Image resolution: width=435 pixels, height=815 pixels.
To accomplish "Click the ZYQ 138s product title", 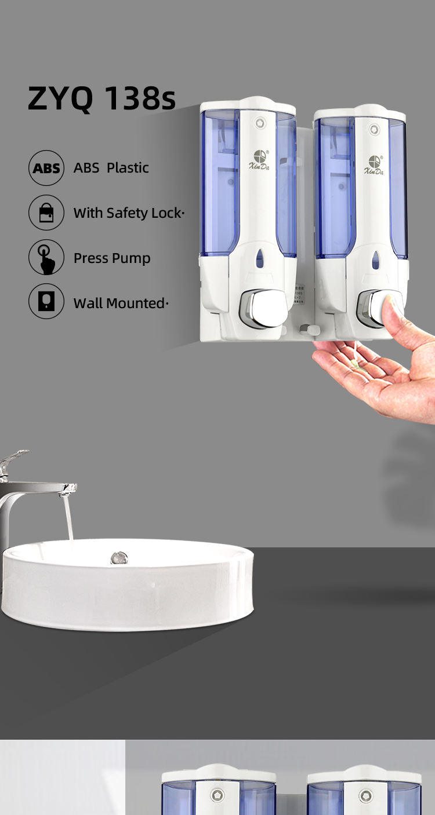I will (x=101, y=98).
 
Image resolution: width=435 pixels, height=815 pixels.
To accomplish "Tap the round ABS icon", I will (x=46, y=168).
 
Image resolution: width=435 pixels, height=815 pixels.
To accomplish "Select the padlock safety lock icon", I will (x=46, y=213).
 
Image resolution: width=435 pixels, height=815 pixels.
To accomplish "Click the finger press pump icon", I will (x=46, y=257).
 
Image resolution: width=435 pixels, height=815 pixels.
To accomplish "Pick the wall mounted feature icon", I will (x=46, y=302).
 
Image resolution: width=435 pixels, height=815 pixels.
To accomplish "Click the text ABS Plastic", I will (x=111, y=168).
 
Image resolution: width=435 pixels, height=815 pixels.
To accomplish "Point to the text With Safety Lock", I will (x=128, y=213).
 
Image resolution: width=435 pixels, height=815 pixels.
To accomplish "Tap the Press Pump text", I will (x=111, y=258).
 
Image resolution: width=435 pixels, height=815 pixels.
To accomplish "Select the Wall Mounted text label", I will (x=120, y=303).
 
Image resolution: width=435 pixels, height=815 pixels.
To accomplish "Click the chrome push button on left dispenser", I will (x=262, y=308).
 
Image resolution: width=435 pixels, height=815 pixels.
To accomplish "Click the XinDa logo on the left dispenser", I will (x=259, y=160).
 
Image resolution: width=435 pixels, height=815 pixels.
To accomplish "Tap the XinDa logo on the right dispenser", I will (x=374, y=165).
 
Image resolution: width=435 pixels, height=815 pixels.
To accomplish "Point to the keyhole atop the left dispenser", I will (x=259, y=123).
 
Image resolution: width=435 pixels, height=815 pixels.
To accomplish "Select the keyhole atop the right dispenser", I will (x=374, y=130).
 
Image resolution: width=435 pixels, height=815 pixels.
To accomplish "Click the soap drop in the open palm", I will (x=358, y=366).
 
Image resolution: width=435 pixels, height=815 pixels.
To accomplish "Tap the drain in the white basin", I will (x=119, y=558).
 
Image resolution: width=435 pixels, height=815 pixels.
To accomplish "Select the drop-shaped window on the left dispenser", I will (x=260, y=258).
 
